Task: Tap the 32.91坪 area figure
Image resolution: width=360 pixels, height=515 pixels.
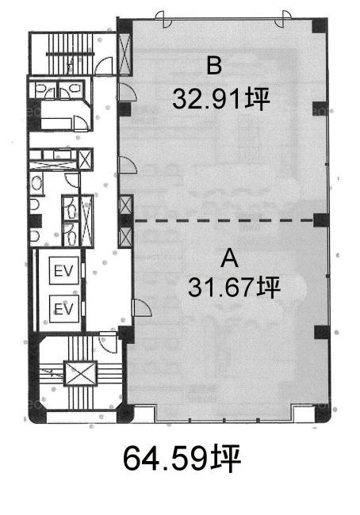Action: [221, 98]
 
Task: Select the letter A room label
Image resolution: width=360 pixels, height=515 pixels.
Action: [229, 257]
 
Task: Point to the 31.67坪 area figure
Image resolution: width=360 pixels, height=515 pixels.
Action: [234, 288]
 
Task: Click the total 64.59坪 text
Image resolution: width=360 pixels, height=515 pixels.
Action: [182, 459]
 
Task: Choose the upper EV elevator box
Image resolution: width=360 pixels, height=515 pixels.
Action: [64, 271]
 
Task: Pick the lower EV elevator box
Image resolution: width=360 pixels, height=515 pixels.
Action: [64, 309]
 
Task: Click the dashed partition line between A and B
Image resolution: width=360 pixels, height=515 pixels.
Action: [224, 220]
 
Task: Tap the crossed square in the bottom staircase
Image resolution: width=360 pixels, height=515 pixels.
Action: [81, 373]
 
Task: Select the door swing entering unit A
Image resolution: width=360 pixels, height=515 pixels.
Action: [141, 308]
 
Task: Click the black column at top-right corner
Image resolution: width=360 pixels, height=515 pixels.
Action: [320, 26]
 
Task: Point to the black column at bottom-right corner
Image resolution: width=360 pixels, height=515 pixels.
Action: [321, 414]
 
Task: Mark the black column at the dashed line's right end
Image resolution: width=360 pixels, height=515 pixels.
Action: [321, 220]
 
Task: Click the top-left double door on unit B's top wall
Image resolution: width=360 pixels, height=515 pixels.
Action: [163, 19]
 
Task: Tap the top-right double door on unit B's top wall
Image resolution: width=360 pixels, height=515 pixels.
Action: [282, 19]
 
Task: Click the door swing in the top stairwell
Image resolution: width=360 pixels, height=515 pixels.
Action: [104, 66]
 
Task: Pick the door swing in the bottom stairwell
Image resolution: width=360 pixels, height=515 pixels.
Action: [108, 342]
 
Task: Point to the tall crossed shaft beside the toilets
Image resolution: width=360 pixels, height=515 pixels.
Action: [86, 221]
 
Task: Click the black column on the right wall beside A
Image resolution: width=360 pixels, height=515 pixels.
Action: [322, 333]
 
